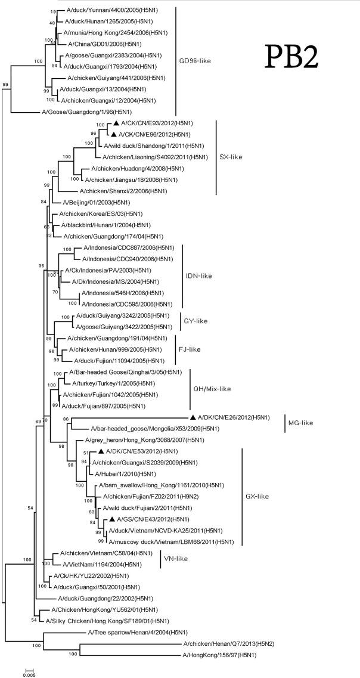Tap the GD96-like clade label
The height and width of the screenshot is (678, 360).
[x=196, y=61]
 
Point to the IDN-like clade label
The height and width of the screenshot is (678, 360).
[x=200, y=276]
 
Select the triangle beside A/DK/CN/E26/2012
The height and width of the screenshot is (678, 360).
[x=193, y=417]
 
